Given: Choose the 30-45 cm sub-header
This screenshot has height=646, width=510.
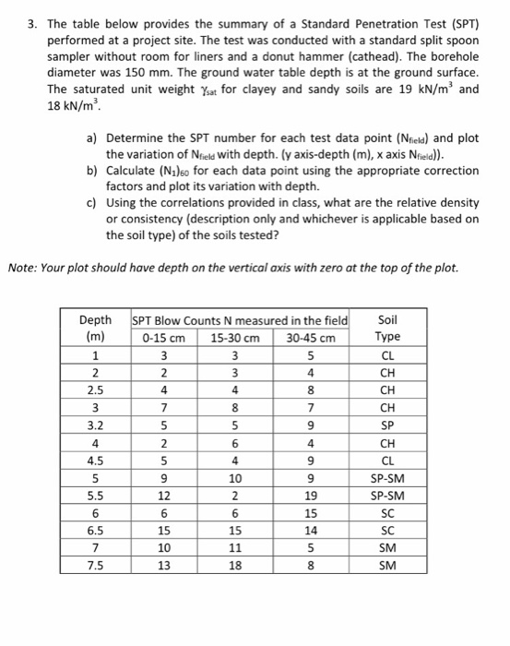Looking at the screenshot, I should (312, 337).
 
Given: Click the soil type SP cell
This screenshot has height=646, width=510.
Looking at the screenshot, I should (387, 426).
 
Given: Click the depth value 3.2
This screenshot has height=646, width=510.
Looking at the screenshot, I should (96, 426).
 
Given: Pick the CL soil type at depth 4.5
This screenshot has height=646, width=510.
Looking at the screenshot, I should (387, 461).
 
